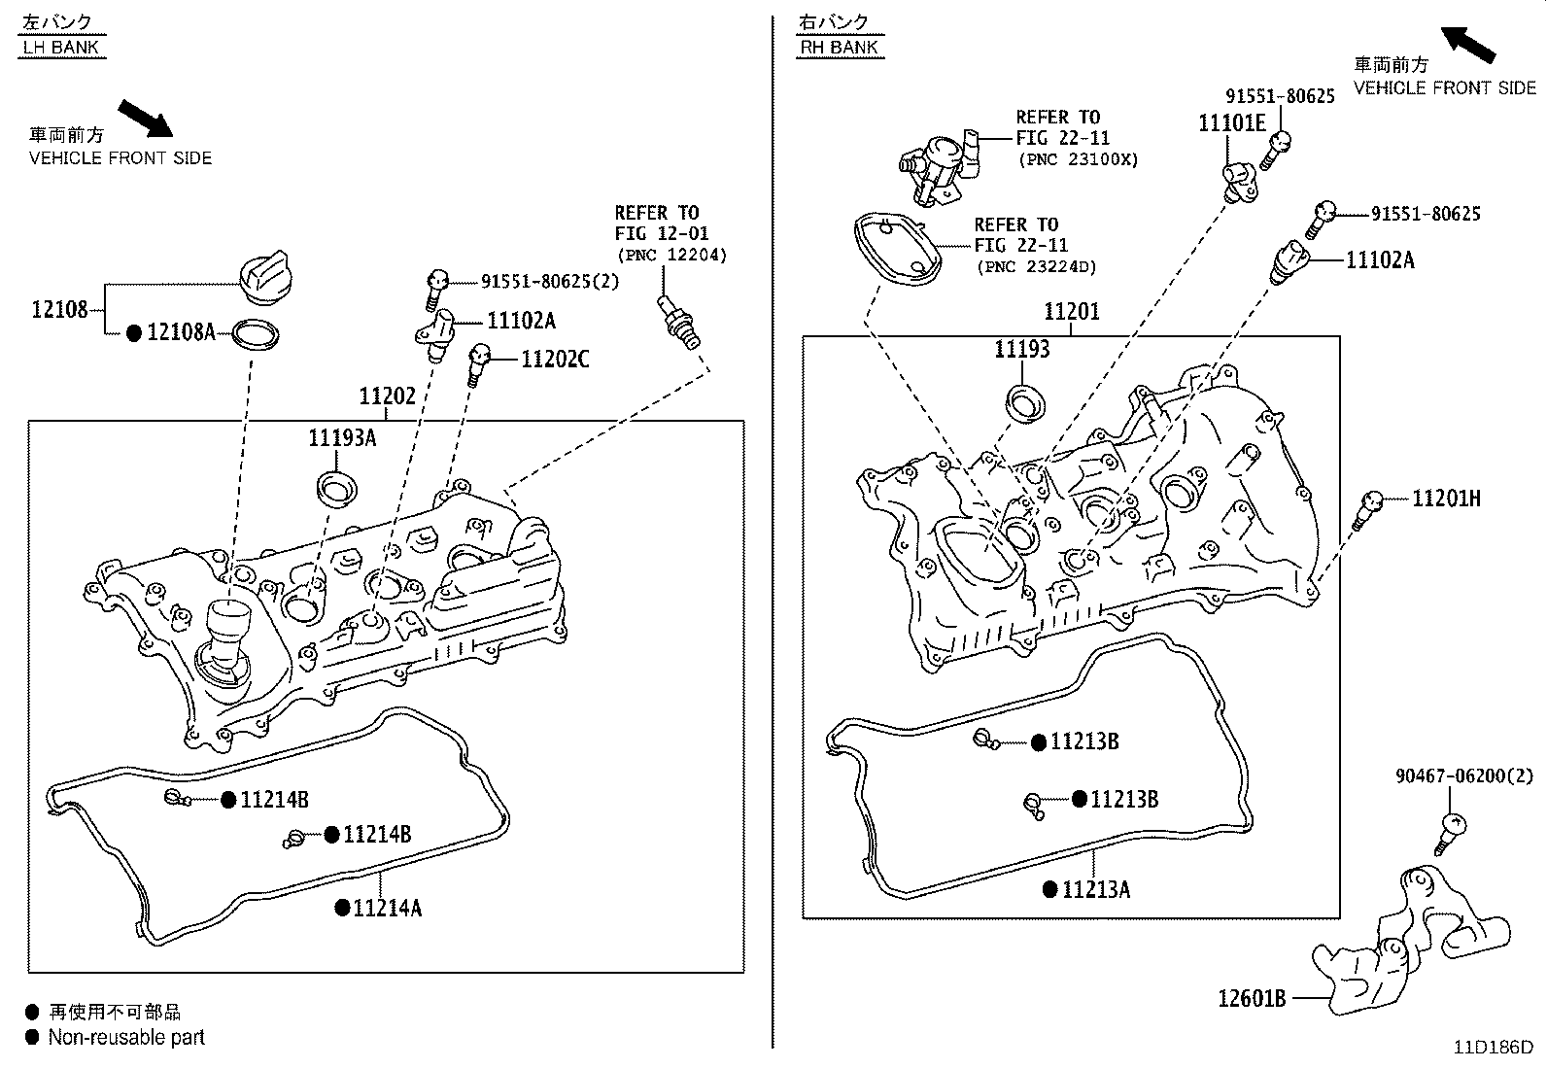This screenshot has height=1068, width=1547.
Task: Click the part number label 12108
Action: click(59, 310)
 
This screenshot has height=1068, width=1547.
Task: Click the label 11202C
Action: click(555, 360)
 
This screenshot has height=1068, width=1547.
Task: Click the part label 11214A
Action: click(387, 908)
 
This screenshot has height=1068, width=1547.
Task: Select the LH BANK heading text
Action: click(61, 47)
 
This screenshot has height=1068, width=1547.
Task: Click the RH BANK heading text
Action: click(840, 47)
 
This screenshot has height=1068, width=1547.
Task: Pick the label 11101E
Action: click(1231, 122)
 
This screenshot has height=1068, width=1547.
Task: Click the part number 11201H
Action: click(1446, 499)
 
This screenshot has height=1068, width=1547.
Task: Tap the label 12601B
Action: click(1252, 998)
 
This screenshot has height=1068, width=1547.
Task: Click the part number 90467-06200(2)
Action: click(1464, 775)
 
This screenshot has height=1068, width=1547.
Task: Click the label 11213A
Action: click(1095, 889)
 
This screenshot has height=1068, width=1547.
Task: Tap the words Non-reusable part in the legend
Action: click(126, 1037)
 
